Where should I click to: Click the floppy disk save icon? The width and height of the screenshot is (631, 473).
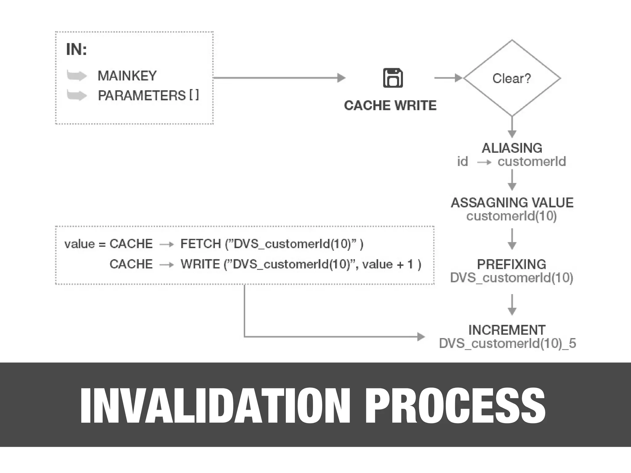pyautogui.click(x=393, y=78)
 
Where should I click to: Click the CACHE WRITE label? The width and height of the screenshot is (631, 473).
pyautogui.click(x=390, y=106)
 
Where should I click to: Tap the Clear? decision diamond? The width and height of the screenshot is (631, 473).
pyautogui.click(x=512, y=78)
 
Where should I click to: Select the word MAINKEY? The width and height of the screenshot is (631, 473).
pyautogui.click(x=127, y=76)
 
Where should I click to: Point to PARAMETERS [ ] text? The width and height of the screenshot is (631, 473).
pyautogui.click(x=148, y=95)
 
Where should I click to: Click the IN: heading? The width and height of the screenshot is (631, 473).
pyautogui.click(x=76, y=49)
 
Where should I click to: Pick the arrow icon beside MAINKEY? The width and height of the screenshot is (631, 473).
pyautogui.click(x=77, y=75)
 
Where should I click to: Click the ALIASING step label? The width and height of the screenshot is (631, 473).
pyautogui.click(x=512, y=148)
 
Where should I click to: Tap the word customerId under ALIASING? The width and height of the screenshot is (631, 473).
pyautogui.click(x=532, y=161)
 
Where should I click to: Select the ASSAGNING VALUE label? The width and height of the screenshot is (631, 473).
pyautogui.click(x=512, y=203)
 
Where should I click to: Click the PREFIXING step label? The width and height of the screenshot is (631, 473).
pyautogui.click(x=511, y=264)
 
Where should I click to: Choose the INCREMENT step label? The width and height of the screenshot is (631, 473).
pyautogui.click(x=507, y=330)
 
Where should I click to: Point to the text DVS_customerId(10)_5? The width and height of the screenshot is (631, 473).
pyautogui.click(x=507, y=343)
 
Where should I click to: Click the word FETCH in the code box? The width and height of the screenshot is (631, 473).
pyautogui.click(x=201, y=244)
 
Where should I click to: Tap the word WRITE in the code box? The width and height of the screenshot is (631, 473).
pyautogui.click(x=200, y=264)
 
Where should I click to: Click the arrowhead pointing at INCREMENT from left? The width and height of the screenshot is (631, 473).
pyautogui.click(x=421, y=337)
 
